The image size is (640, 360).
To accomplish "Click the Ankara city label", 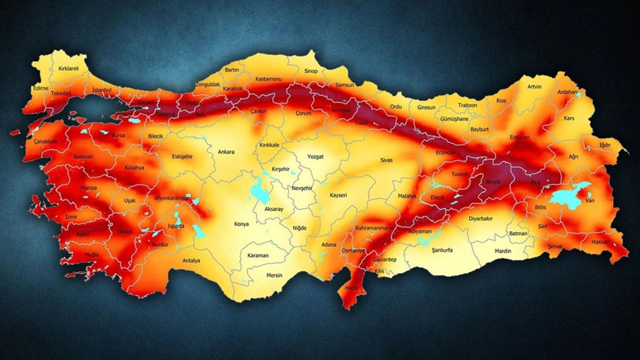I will (226, 151).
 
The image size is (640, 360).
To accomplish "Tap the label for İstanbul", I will (102, 90).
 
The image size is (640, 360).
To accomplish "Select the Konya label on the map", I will (242, 224).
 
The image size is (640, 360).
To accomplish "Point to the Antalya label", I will (192, 261).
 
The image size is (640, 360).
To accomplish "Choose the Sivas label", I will (387, 160).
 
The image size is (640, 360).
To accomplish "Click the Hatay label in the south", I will (352, 288).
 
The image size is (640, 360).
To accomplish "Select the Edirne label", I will (41, 88).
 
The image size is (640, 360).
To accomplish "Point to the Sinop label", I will (311, 72).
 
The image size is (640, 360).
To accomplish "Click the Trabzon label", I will (468, 105).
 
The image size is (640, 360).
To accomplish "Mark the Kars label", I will (569, 118).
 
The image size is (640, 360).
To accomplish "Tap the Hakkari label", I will (600, 242).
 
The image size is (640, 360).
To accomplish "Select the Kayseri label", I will (339, 195).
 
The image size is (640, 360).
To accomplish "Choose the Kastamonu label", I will (268, 78).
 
